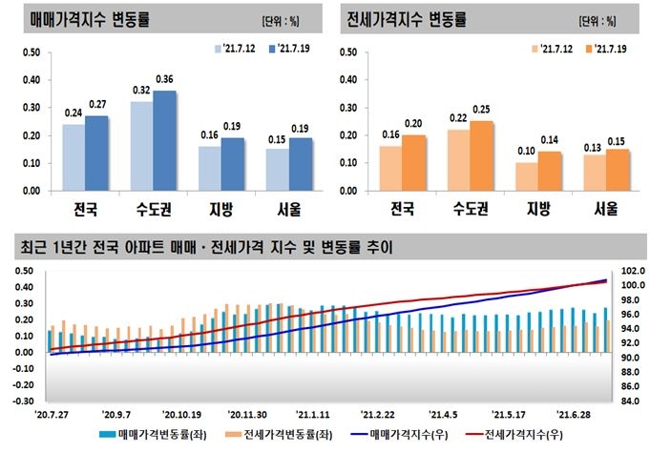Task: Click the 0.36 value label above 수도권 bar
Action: click(164, 78)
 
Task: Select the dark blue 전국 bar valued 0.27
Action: click(96, 154)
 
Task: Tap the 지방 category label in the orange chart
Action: click(535, 208)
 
